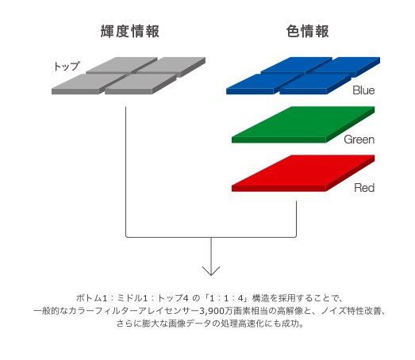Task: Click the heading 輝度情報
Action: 129,31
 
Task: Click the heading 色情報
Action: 308,31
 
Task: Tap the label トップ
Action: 67,66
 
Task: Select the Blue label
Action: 363,90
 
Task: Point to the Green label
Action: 359,140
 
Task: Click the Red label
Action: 364,188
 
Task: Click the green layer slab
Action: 303,124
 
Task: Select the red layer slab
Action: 303,173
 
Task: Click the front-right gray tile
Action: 140,83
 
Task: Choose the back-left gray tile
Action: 121,65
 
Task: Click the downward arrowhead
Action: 211,271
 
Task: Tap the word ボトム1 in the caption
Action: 91,298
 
